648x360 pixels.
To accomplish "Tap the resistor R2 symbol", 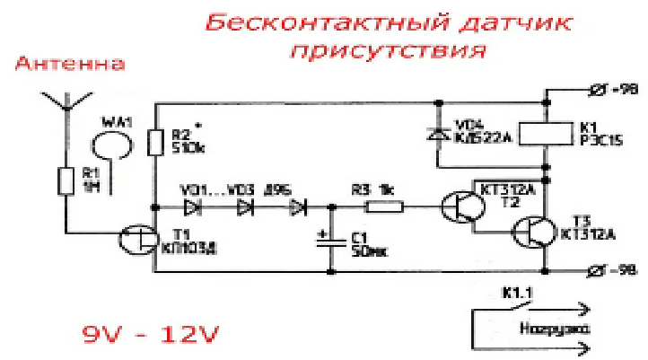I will click(x=155, y=142).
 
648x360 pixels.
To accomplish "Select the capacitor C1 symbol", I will click(x=331, y=239).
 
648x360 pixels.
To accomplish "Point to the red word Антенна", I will click(x=70, y=65).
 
